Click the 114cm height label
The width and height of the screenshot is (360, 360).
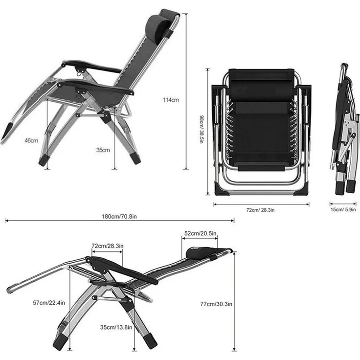coord(171,100)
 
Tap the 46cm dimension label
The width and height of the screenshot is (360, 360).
coord(31,140)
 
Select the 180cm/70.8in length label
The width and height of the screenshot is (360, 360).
coord(119,217)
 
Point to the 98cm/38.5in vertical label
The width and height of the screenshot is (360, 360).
coord(202,130)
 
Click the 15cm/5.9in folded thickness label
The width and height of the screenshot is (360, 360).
coord(343,210)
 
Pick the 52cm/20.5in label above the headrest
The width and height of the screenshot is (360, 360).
coord(201,233)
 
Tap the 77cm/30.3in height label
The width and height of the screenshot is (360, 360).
coord(216,304)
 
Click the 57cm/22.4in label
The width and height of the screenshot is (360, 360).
coord(49,303)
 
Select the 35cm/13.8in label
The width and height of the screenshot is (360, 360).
coord(116,327)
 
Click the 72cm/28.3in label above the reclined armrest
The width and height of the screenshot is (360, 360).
coord(108,246)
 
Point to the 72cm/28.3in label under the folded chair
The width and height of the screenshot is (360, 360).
coord(260,210)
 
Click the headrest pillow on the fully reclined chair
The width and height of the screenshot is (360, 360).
coord(199,252)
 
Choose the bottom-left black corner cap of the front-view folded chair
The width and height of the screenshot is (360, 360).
coord(221,189)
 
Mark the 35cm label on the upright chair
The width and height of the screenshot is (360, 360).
coord(103,150)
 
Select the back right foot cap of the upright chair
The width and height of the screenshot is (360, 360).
coord(135,158)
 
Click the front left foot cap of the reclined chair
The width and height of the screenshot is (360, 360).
coord(61,342)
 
